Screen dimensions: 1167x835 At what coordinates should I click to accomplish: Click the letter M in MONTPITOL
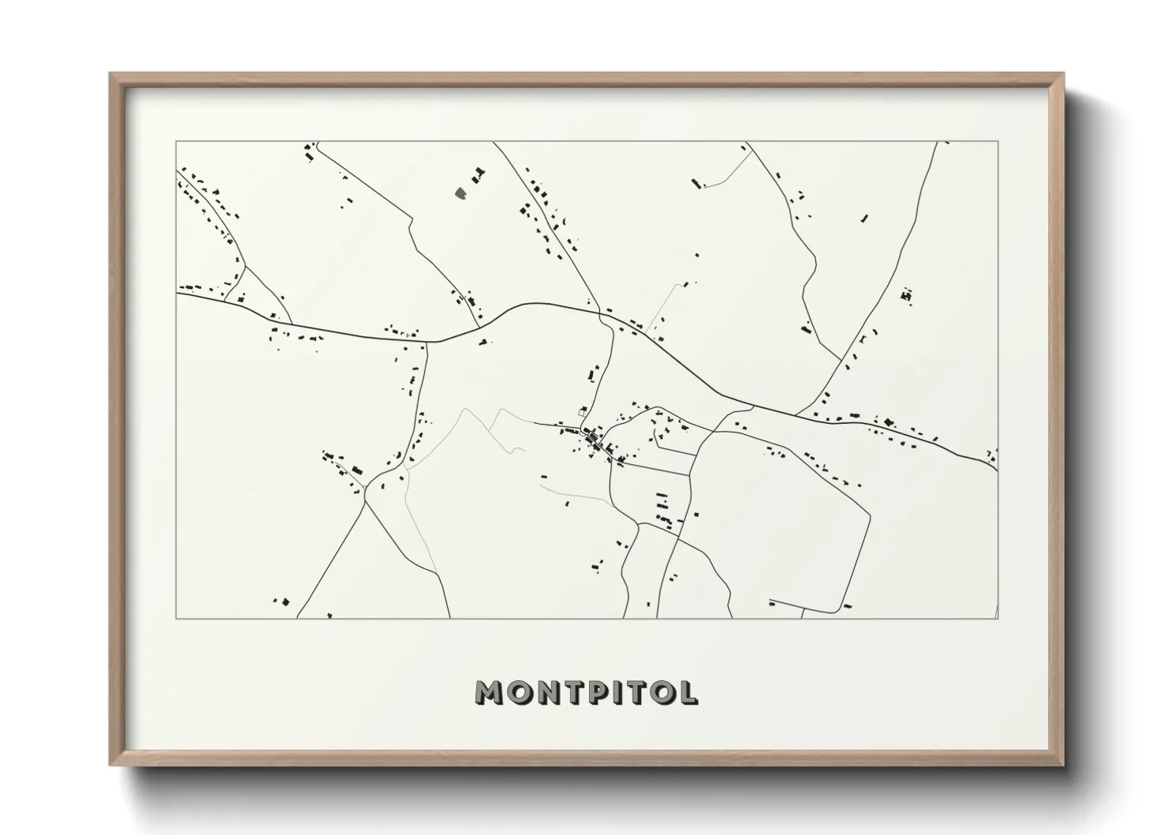point(490,693)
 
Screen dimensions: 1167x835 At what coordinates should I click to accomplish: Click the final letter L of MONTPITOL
point(688,693)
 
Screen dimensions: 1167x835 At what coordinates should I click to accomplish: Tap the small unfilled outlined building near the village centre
point(583,410)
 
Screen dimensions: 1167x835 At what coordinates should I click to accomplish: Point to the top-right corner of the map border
point(998,141)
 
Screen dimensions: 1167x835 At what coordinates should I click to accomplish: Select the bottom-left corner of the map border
point(176,618)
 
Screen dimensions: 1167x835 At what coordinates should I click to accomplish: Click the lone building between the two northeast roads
point(864,218)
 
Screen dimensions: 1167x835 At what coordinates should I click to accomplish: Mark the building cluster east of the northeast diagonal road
point(906,296)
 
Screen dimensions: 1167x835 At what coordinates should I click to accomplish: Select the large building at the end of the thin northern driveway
point(695,183)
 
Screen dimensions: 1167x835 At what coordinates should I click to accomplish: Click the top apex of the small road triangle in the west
point(246,265)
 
